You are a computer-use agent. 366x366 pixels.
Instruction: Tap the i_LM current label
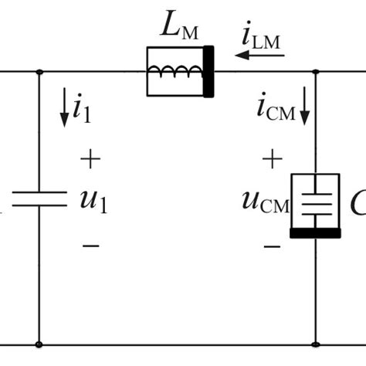pyautogui.click(x=261, y=36)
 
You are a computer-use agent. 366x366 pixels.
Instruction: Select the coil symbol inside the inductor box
pyautogui.click(x=177, y=72)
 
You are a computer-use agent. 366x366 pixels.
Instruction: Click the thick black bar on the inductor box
pyautogui.click(x=208, y=71)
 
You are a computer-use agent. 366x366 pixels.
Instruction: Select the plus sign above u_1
pyautogui.click(x=90, y=160)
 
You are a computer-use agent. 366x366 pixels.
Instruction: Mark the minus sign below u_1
pyautogui.click(x=90, y=246)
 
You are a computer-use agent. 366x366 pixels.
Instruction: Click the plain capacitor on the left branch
pyautogui.click(x=39, y=201)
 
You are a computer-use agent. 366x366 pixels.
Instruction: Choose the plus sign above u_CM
pyautogui.click(x=271, y=160)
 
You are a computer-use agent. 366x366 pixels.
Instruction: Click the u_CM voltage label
pyautogui.click(x=265, y=202)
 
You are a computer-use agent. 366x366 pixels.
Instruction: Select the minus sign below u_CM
pyautogui.click(x=271, y=246)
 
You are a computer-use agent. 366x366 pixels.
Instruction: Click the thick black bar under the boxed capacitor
pyautogui.click(x=315, y=232)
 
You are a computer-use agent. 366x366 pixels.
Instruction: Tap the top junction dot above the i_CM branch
pyautogui.click(x=315, y=71)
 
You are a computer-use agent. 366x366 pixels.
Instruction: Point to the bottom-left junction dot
pyautogui.click(x=39, y=344)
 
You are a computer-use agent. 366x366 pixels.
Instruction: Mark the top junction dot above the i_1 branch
pyautogui.click(x=39, y=71)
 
